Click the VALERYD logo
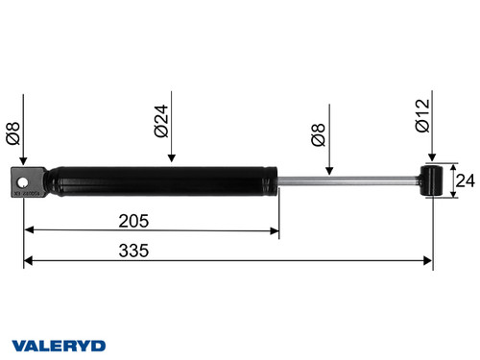click(58, 345)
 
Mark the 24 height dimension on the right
click(464, 180)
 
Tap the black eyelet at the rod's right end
click(433, 180)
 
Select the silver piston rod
click(346, 179)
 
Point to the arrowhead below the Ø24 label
click(170, 159)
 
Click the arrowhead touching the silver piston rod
click(329, 170)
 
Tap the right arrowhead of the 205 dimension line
click(274, 230)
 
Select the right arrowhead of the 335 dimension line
click(428, 259)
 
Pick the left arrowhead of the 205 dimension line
click(29, 230)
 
